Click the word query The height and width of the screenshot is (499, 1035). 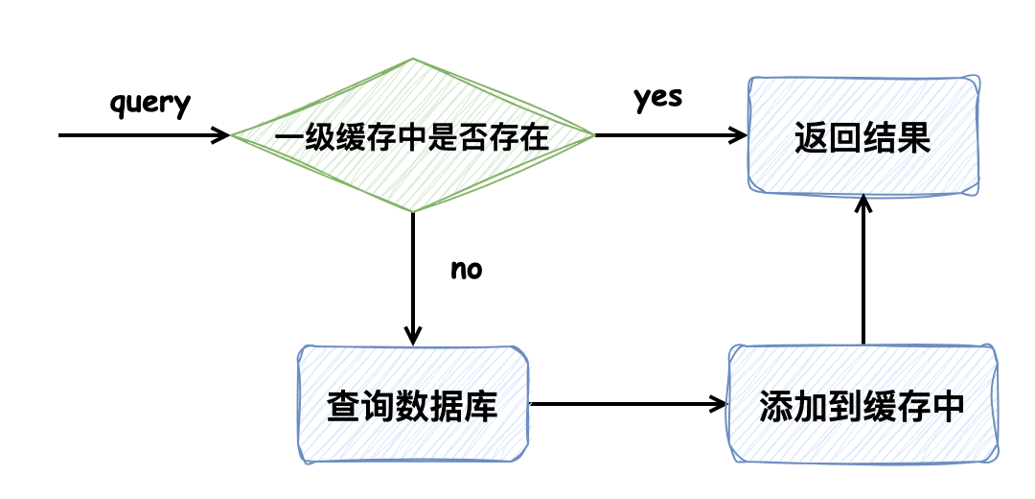pyautogui.click(x=151, y=103)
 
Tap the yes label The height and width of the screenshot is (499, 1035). pyautogui.click(x=657, y=98)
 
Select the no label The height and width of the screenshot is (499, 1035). pyautogui.click(x=466, y=270)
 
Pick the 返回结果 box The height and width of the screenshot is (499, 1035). pyautogui.click(x=862, y=135)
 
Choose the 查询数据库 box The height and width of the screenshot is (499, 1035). pyautogui.click(x=412, y=403)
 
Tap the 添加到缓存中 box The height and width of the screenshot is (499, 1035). pyautogui.click(x=862, y=403)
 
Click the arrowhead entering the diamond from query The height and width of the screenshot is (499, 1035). pyautogui.click(x=223, y=135)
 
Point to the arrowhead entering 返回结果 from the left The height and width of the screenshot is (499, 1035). pyautogui.click(x=740, y=135)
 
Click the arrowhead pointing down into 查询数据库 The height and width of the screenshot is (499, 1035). pyautogui.click(x=412, y=337)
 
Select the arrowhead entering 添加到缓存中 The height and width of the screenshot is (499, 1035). pyautogui.click(x=721, y=403)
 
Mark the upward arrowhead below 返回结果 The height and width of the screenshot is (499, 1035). pyautogui.click(x=863, y=202)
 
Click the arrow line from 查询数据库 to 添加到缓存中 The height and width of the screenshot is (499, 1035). pyautogui.click(x=623, y=403)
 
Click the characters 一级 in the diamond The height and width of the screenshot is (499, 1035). pyautogui.click(x=295, y=136)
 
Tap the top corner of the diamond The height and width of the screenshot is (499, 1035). pyautogui.click(x=412, y=60)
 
